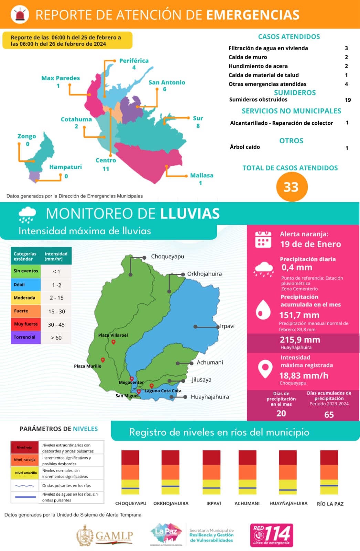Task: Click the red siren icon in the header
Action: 20,14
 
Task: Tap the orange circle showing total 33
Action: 292,187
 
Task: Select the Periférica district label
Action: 134,61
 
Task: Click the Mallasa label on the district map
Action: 202,175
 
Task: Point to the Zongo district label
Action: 27,136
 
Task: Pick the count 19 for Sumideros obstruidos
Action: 348,100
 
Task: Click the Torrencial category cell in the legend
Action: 25,337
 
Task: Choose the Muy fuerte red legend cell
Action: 25,324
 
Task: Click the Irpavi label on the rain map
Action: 227,326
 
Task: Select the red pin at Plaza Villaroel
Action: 113,342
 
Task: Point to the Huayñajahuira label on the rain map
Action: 210,397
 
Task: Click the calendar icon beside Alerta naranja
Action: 263,239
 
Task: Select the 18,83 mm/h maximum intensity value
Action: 304,375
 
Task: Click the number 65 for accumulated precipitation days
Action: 329,414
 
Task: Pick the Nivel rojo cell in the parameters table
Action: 24,447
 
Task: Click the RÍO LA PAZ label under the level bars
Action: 330,504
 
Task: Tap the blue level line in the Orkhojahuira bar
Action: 170,486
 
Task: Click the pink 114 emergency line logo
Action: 272,535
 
